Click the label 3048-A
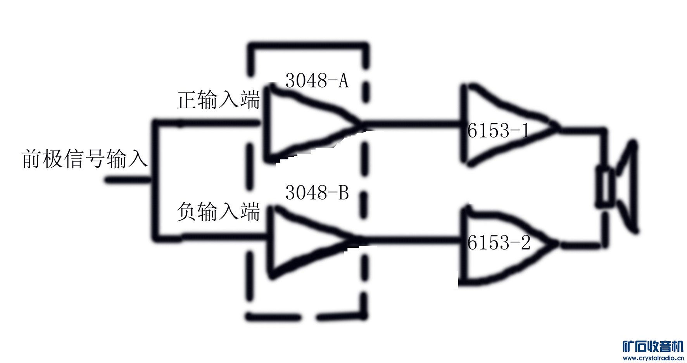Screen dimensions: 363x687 pyautogui.click(x=317, y=81)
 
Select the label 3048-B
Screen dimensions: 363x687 pyautogui.click(x=317, y=193)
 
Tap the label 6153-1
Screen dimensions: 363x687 pyautogui.click(x=498, y=131)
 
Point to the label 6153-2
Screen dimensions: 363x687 pyautogui.click(x=499, y=243)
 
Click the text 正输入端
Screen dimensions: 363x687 pyautogui.click(x=218, y=100)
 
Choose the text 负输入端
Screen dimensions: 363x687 pyautogui.click(x=218, y=212)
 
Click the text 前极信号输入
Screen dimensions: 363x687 pyautogui.click(x=85, y=159)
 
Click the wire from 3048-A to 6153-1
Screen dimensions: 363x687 pyautogui.click(x=411, y=124)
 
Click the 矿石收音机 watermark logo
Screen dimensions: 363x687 pyautogui.click(x=653, y=346)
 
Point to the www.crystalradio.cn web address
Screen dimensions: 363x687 pyautogui.click(x=653, y=358)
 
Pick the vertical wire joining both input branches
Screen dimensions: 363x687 pyautogui.click(x=155, y=180)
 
